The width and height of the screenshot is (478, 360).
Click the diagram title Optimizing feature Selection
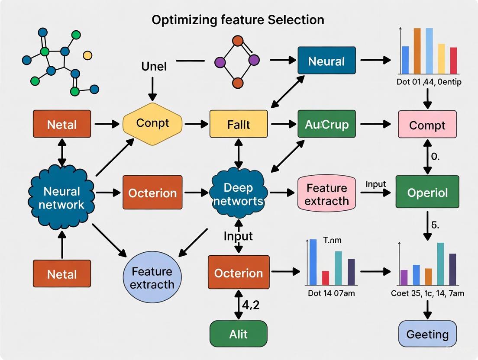[x=238, y=19]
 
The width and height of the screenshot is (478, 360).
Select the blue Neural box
[x=326, y=61]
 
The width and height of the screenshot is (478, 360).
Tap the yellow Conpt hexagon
[x=152, y=124]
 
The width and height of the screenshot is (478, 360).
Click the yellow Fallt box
[x=239, y=125]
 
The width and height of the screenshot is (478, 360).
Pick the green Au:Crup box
[x=326, y=125]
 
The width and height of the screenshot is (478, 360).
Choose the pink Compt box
[x=427, y=125]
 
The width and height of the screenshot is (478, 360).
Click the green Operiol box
[x=427, y=192]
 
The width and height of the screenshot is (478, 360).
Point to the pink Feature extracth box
[x=327, y=194]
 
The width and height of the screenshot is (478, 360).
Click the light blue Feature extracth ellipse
[x=152, y=277]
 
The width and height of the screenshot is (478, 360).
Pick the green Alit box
[x=238, y=334]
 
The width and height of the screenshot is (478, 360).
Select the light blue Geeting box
[x=427, y=334]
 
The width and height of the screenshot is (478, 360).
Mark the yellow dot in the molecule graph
[x=87, y=55]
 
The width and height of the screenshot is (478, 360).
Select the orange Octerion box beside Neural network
[x=152, y=193]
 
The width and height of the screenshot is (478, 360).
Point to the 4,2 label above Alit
[x=250, y=305]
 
